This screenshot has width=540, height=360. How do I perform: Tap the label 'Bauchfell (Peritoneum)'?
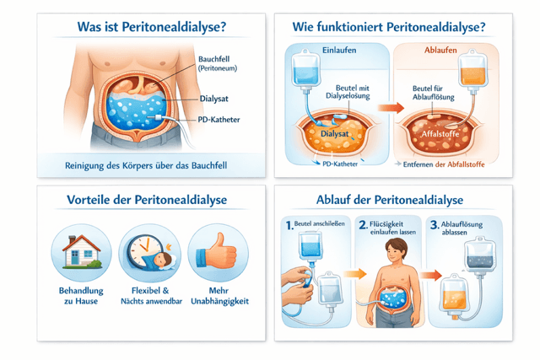[218, 63]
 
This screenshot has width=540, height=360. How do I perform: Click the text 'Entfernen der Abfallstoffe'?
[446, 164]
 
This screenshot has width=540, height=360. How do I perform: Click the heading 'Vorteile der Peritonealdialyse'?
[139, 201]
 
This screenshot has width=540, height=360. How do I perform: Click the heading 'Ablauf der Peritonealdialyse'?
[391, 201]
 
